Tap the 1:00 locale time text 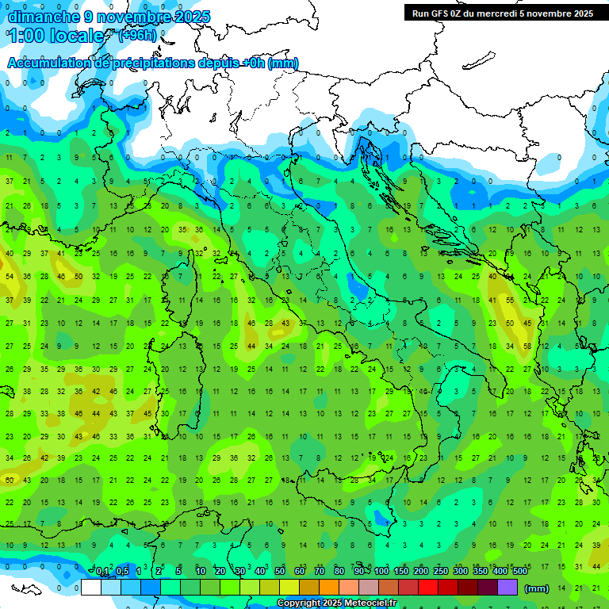(56, 36)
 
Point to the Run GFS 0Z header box (502, 13)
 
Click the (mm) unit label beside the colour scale (537, 588)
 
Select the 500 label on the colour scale (519, 572)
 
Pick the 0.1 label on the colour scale (102, 572)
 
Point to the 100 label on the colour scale (381, 572)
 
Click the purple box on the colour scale (507, 588)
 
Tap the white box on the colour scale (90, 588)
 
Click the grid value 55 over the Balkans (510, 301)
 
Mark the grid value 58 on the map (527, 347)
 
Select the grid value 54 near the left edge (10, 277)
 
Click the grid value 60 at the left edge (10, 480)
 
